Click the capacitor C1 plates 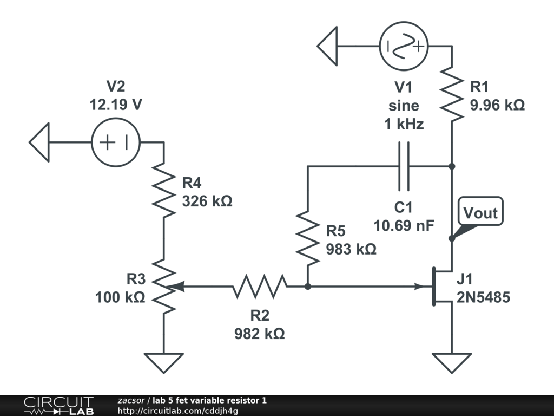pos(404,167)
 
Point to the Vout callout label pos(480,213)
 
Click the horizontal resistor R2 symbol pos(260,287)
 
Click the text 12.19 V pos(116,105)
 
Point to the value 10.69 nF pos(404,225)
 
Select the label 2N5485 pos(483,297)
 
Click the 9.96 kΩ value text pos(497,105)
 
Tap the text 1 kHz pos(404,124)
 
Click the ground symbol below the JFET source pos(452,362)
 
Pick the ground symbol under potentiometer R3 pos(163,362)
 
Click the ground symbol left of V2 pos(40,142)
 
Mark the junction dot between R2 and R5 pos(307,287)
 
